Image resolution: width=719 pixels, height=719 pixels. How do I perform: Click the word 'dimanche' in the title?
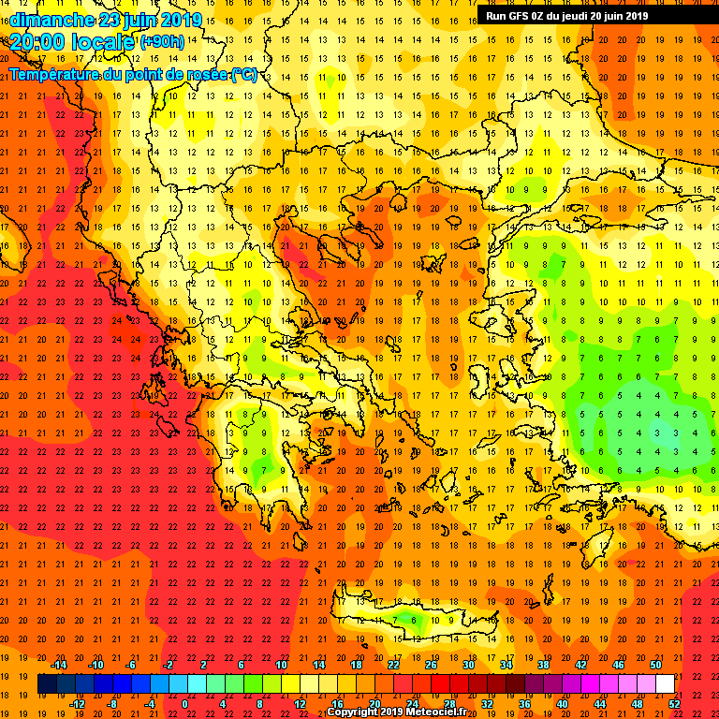pyautogui.click(x=51, y=20)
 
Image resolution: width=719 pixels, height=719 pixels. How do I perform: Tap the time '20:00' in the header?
pyautogui.click(x=38, y=42)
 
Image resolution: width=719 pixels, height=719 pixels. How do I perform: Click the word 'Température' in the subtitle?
pyautogui.click(x=54, y=74)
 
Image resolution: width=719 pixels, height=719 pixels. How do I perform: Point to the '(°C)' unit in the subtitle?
pyautogui.click(x=245, y=74)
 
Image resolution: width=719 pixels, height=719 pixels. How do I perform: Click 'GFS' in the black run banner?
pyautogui.click(x=519, y=16)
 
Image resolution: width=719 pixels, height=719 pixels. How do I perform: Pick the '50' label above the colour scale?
pyautogui.click(x=655, y=665)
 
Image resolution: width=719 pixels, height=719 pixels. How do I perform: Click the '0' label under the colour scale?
pyautogui.click(x=184, y=703)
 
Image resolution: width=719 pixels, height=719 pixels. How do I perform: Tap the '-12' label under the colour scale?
pyautogui.click(x=77, y=703)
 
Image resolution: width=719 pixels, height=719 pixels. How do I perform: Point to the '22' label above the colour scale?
pyautogui.click(x=393, y=665)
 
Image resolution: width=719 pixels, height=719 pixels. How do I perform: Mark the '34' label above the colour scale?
pyautogui.click(x=506, y=665)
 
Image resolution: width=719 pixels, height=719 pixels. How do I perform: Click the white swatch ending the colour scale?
pyautogui.click(x=665, y=683)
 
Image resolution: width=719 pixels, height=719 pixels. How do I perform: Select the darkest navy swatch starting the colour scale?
pyautogui.click(x=47, y=683)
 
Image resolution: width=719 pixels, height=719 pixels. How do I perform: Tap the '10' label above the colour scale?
pyautogui.click(x=281, y=665)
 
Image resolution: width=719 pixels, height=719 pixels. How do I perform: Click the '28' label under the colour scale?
pyautogui.click(x=450, y=703)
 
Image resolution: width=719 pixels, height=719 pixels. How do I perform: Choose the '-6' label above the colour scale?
pyautogui.click(x=131, y=665)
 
